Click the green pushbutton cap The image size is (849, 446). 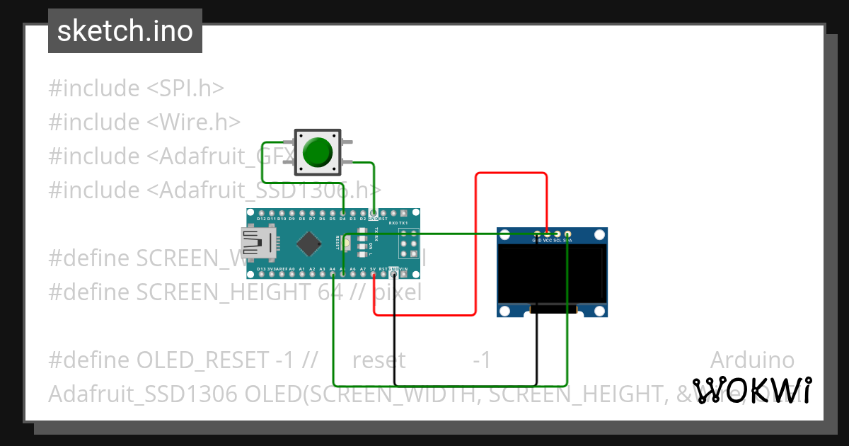point(317,151)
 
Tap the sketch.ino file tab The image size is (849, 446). point(125,31)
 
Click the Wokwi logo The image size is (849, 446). point(752,390)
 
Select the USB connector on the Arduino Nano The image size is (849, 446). point(253,244)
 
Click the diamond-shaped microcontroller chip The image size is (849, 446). point(309,244)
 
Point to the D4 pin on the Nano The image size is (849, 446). point(342,212)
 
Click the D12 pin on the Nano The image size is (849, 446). point(262,212)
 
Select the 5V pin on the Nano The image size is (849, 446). point(373,275)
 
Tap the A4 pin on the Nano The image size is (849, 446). point(333,275)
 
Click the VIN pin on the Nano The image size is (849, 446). point(403,275)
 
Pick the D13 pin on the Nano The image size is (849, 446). point(262,275)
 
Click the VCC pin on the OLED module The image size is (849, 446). point(547,234)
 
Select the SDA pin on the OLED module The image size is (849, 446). point(567,234)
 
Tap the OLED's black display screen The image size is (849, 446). point(552,275)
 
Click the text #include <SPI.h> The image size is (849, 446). point(136,88)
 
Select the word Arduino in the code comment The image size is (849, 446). point(751,360)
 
